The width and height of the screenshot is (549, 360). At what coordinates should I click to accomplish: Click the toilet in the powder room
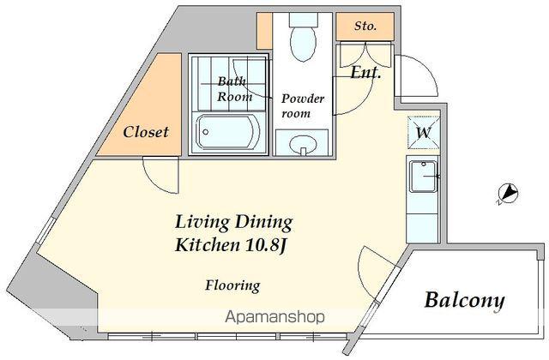(303, 38)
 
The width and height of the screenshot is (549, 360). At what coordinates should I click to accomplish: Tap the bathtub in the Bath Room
(228, 133)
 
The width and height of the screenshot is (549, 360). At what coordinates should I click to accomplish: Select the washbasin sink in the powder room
(303, 144)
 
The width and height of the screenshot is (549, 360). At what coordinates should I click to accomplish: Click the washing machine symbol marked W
(423, 133)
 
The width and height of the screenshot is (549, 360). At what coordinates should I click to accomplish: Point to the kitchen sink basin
(423, 177)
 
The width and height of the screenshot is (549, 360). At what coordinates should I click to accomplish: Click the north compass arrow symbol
(508, 194)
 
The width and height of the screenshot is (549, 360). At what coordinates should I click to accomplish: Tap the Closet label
(146, 132)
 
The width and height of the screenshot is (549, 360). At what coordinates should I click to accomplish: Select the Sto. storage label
(365, 26)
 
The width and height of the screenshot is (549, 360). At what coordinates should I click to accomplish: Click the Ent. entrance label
(365, 72)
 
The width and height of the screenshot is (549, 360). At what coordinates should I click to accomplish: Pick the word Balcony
(465, 300)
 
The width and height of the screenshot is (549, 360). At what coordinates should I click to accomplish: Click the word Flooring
(232, 285)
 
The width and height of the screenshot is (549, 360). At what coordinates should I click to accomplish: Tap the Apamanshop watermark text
(274, 317)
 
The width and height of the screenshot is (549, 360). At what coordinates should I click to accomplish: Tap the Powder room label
(303, 106)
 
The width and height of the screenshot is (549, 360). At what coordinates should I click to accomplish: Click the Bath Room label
(234, 89)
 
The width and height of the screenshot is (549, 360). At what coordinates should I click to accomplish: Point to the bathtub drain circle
(206, 132)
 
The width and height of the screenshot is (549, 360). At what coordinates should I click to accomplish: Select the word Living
(202, 223)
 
